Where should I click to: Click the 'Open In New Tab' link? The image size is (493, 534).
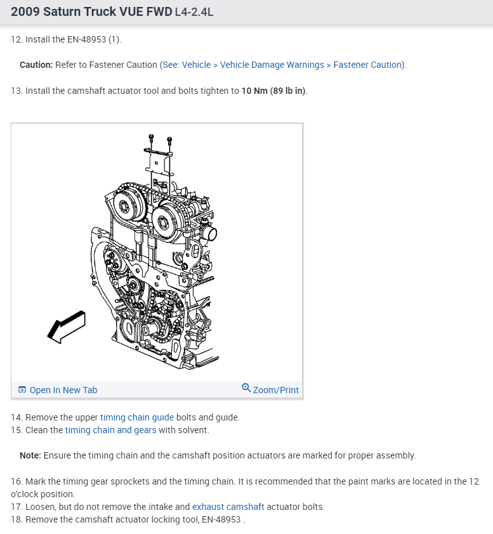[x=63, y=390]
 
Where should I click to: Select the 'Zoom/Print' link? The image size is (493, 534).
[x=275, y=390]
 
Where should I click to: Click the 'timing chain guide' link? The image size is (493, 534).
[x=137, y=417]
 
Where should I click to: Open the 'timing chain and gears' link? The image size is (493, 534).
[x=110, y=430]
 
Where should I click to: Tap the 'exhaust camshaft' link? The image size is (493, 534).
[x=228, y=507]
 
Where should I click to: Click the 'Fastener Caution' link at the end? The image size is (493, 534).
[x=367, y=65]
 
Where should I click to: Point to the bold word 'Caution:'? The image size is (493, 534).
[x=36, y=65]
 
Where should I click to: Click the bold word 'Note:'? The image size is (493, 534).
[x=30, y=455]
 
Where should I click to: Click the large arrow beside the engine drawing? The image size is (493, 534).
[x=66, y=327]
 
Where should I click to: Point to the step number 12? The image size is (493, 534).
[x=16, y=39]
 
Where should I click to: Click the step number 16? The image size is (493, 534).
[x=16, y=481]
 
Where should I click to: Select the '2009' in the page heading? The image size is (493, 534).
[x=25, y=11]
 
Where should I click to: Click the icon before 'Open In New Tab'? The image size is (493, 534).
[x=22, y=390]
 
